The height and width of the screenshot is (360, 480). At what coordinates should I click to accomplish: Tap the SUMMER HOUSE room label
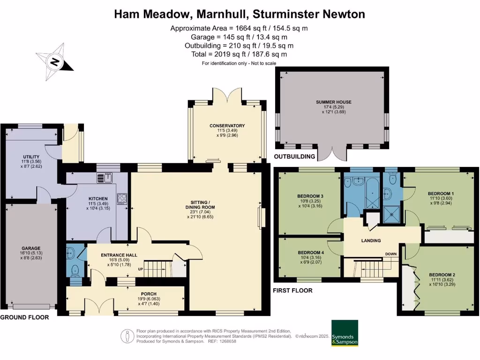tap(333, 102)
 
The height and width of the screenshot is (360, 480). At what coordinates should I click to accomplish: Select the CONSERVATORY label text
tap(227, 126)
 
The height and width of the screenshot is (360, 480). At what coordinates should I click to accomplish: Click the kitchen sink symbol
tap(105, 177)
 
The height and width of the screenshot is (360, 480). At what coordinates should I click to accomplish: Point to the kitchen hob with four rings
tap(122, 199)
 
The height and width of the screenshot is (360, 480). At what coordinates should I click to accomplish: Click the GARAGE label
tap(30, 248)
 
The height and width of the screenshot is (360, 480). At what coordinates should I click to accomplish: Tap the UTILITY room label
tap(31, 157)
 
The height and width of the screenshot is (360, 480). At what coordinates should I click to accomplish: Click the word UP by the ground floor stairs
tap(140, 269)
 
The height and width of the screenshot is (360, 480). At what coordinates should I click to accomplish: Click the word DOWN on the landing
tap(391, 254)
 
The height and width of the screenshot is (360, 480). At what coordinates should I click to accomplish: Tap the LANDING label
tap(371, 241)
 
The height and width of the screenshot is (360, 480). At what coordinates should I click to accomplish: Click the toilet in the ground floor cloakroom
tap(74, 271)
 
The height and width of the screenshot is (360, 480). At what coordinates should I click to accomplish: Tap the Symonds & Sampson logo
tap(345, 333)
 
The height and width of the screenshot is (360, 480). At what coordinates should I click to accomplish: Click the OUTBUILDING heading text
tap(295, 156)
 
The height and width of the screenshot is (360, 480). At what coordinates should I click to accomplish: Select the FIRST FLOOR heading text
tap(292, 291)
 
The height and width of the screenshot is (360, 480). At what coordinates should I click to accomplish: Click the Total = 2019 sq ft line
tap(239, 54)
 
